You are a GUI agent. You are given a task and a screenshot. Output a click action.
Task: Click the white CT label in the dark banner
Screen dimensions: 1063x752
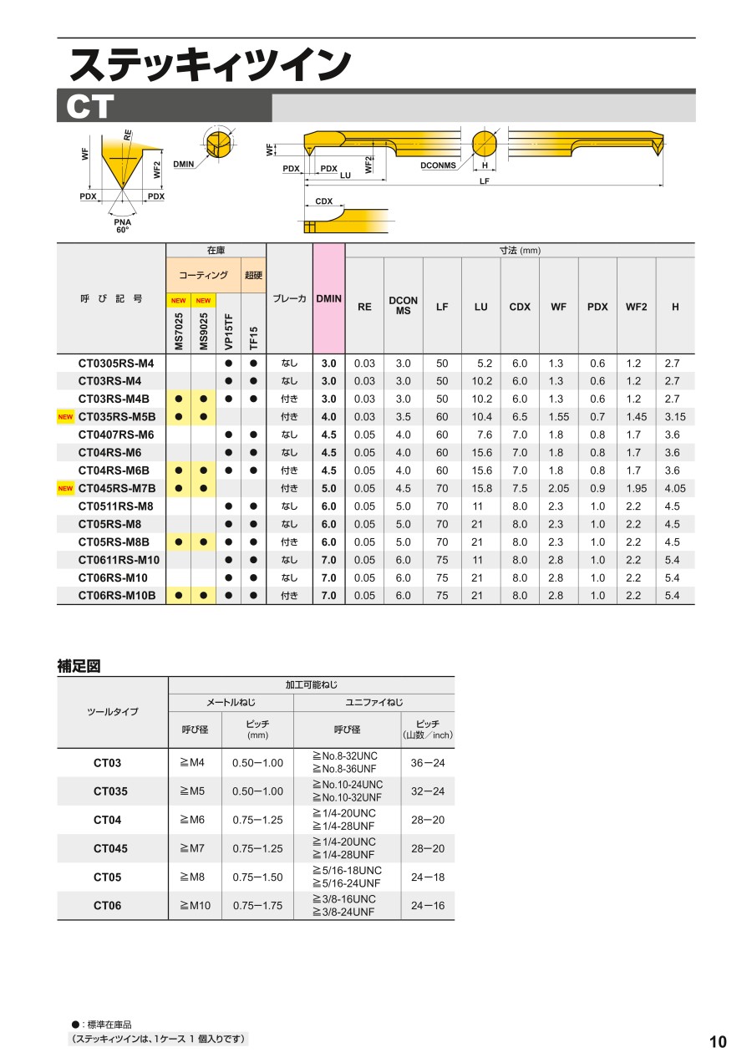click(90, 108)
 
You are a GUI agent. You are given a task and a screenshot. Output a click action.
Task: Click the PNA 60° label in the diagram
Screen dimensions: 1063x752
click(123, 226)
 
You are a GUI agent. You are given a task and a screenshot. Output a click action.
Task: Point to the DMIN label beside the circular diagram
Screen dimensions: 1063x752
click(184, 165)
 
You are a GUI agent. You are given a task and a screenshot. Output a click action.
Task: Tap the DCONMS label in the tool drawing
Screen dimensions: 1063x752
click(438, 165)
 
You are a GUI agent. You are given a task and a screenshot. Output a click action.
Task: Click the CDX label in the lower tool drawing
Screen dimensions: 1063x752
click(324, 201)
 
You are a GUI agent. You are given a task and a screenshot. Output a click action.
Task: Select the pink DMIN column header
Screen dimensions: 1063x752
click(328, 298)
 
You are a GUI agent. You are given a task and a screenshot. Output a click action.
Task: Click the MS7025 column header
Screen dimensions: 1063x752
click(179, 332)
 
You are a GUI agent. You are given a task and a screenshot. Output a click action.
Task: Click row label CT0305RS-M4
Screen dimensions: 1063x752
click(116, 364)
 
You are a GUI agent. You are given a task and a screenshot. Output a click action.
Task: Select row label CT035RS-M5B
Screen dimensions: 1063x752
click(117, 417)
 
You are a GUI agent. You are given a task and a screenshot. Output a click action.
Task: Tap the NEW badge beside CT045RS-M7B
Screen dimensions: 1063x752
click(65, 488)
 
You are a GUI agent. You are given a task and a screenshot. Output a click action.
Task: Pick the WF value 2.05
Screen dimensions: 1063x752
click(559, 488)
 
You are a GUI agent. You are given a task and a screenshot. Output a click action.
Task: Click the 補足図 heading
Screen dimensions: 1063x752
click(79, 666)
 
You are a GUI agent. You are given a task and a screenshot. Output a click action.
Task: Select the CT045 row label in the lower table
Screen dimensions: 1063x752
click(110, 849)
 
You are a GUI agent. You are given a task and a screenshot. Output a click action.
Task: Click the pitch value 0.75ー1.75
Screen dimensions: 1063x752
click(257, 906)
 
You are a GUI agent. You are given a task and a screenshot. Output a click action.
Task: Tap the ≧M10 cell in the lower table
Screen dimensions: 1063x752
click(195, 906)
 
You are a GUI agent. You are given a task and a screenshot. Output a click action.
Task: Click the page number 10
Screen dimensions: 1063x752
click(718, 1042)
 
